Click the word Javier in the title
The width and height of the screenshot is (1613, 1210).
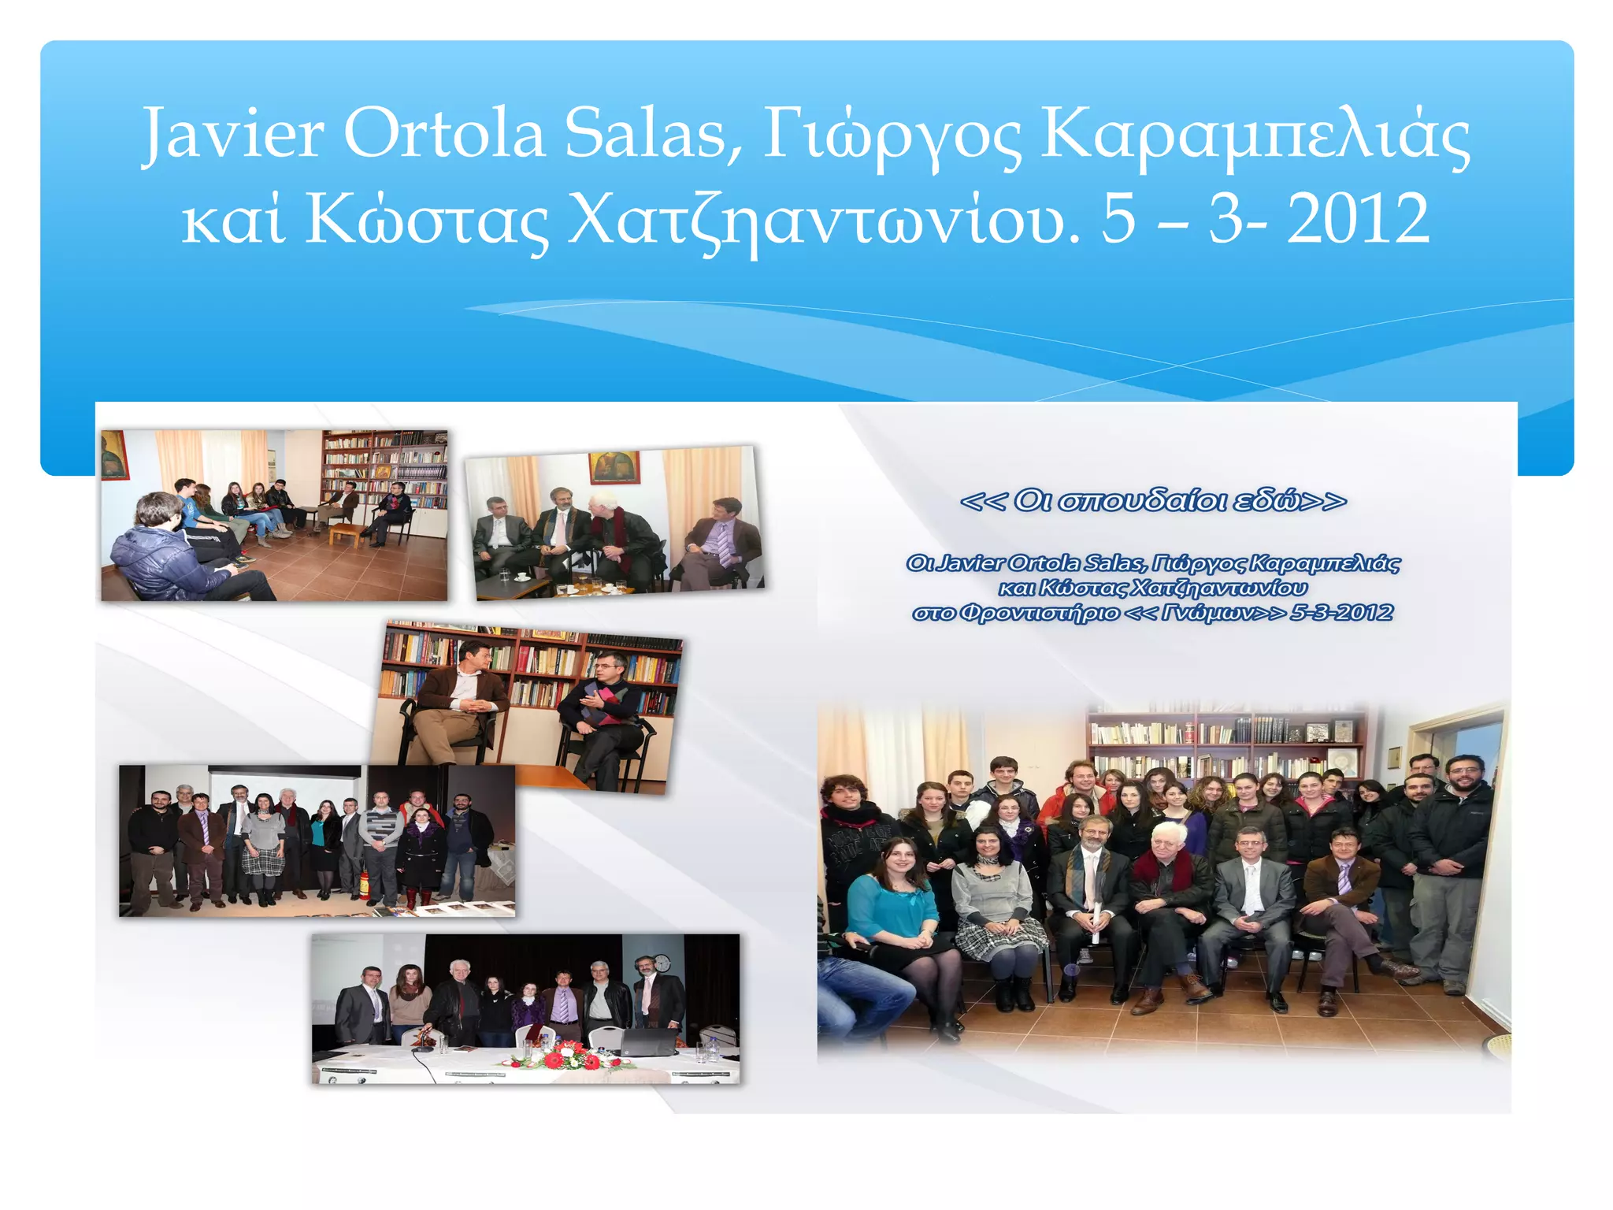pos(233,134)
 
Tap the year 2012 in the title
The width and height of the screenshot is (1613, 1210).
pos(1358,219)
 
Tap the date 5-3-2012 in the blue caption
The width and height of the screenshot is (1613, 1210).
pos(1341,613)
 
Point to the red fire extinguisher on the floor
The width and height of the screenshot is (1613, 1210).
pos(363,885)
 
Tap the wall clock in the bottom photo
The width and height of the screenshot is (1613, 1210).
pos(662,963)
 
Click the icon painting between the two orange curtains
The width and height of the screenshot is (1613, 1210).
pos(614,467)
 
